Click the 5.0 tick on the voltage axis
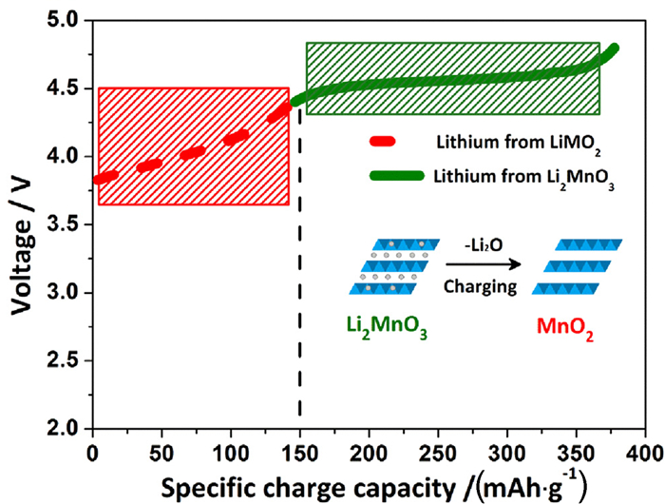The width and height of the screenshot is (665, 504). click(x=68, y=21)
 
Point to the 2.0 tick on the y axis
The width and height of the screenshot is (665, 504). click(x=68, y=428)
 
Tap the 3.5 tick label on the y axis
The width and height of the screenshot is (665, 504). click(x=68, y=224)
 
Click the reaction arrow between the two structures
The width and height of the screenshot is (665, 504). click(x=482, y=267)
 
